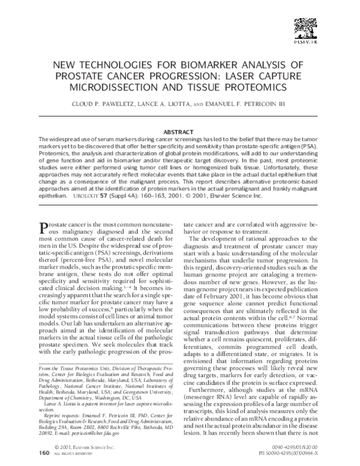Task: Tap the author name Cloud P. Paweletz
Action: [105, 103]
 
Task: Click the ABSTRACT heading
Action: [179, 132]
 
